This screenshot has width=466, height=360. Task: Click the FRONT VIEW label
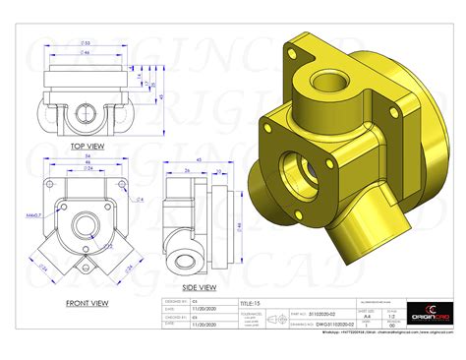point(92,303)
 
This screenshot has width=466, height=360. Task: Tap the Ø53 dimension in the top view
point(87,43)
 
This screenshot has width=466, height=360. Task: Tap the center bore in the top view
point(86,109)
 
